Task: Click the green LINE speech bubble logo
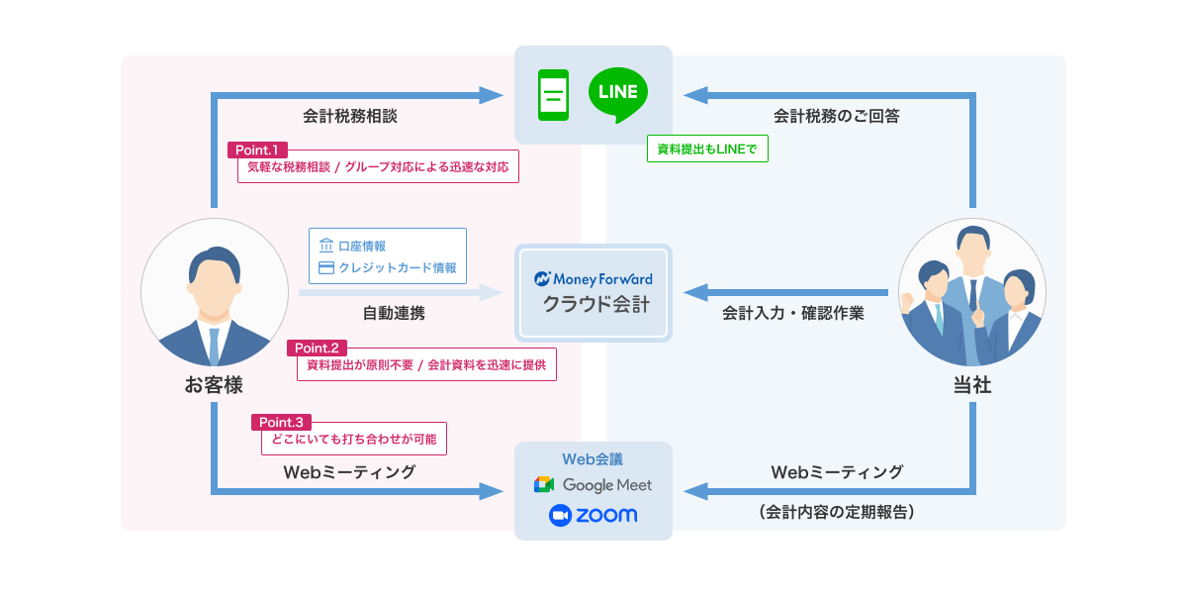618,94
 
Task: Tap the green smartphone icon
553,95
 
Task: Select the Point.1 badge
257,150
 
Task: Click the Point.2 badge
317,348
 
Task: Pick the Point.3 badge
281,422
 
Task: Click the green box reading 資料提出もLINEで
707,149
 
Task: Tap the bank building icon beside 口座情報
325,246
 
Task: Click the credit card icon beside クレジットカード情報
325,268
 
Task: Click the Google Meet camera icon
544,484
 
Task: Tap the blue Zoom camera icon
560,515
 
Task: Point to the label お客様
214,384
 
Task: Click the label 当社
972,385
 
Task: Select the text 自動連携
394,313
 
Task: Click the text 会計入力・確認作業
792,313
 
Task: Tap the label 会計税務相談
350,116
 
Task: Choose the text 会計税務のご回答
836,116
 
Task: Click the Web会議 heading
593,458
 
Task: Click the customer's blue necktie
214,346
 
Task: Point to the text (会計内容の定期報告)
836,511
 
